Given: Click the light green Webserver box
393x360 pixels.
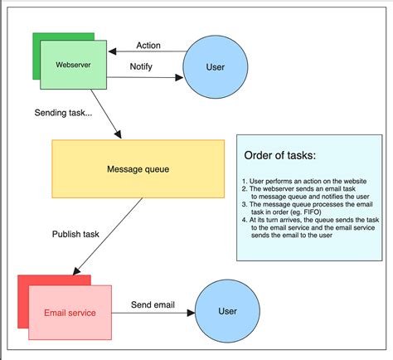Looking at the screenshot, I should [x=73, y=65].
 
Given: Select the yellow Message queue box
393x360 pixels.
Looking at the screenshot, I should [x=138, y=169].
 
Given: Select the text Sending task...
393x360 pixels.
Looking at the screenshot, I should [x=64, y=113].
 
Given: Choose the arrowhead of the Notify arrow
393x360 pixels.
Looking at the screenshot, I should [x=178, y=79].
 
